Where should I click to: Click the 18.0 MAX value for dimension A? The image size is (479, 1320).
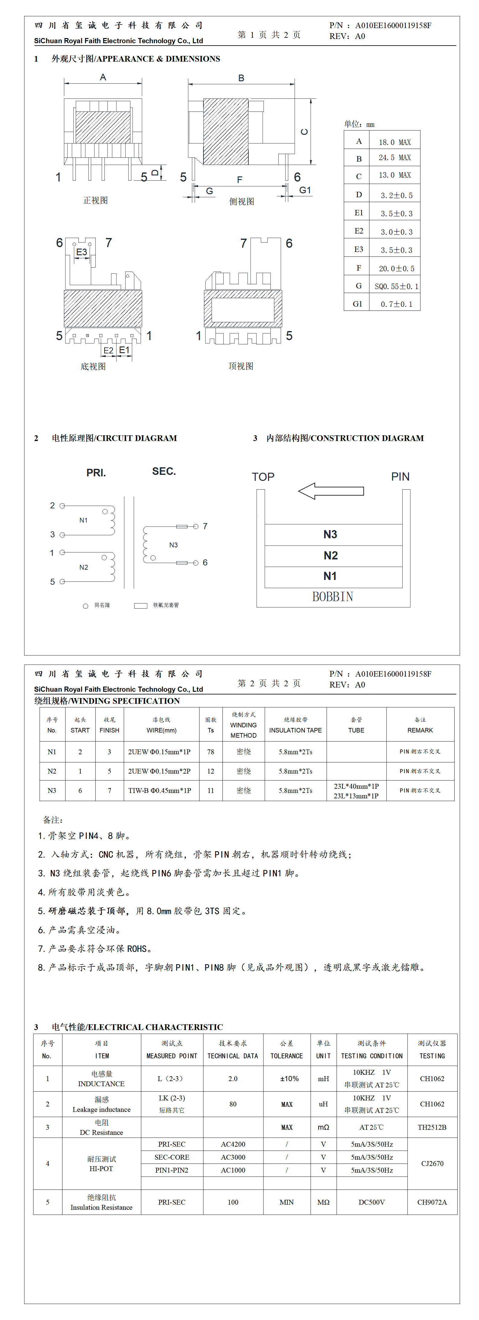(x=394, y=142)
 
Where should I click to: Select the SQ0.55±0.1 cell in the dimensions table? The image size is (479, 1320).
(x=396, y=286)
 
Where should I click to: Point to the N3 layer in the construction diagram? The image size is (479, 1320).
(x=331, y=534)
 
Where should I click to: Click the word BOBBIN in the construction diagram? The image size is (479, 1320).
(x=333, y=597)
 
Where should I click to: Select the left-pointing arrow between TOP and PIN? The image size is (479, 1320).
(x=331, y=491)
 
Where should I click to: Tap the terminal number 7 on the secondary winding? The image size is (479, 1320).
(x=205, y=526)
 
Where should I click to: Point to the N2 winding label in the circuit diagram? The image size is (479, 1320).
(x=84, y=567)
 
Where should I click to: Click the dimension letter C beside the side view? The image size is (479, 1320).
(x=304, y=132)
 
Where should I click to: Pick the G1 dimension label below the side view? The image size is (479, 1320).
(x=305, y=190)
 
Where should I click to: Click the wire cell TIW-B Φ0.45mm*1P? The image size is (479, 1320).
(x=159, y=790)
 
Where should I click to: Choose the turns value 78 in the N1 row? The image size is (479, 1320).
(x=211, y=752)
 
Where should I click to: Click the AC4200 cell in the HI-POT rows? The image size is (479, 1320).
(x=233, y=1144)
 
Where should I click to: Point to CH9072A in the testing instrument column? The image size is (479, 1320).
(x=432, y=1202)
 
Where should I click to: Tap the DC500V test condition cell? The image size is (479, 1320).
(x=372, y=1202)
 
